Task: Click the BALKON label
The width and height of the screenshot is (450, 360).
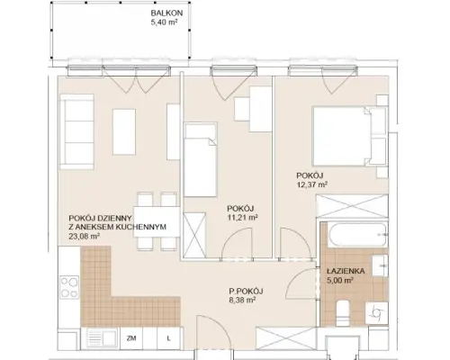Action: (x=166, y=13)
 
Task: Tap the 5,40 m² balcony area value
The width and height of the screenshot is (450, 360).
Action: (x=165, y=22)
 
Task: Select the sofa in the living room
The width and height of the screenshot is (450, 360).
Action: (x=76, y=132)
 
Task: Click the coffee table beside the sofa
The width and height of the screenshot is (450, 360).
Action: (x=124, y=132)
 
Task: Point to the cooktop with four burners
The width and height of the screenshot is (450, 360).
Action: (x=69, y=287)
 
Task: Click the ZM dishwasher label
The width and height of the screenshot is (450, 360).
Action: (x=131, y=338)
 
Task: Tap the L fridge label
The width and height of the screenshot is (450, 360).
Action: (x=169, y=338)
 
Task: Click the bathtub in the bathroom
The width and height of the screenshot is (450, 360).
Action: (x=358, y=235)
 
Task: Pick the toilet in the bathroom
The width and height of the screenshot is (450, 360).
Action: (x=343, y=312)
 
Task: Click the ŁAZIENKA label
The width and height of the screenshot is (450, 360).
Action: (x=346, y=271)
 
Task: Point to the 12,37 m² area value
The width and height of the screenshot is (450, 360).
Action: (x=312, y=184)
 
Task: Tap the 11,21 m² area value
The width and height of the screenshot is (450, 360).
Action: (x=243, y=218)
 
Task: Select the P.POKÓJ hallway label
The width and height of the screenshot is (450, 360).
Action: (x=246, y=291)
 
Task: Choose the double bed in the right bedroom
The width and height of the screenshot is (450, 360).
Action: (x=349, y=136)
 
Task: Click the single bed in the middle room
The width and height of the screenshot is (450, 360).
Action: (x=201, y=159)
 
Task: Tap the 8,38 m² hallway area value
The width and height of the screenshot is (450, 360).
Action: (x=242, y=300)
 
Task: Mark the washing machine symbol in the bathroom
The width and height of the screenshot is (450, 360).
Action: (x=377, y=313)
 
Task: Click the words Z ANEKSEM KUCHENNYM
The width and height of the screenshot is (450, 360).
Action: (x=118, y=227)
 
